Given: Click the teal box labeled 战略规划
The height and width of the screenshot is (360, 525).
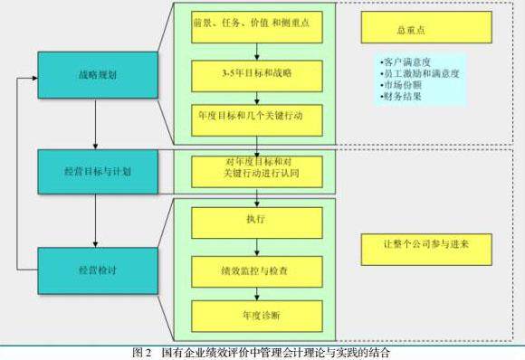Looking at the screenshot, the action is [x=98, y=75].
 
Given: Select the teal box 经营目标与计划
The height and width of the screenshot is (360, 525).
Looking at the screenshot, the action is [x=98, y=172].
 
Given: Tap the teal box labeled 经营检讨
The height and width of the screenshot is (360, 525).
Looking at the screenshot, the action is [x=98, y=270].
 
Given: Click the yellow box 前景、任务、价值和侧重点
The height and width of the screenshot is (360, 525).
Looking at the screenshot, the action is [x=257, y=27].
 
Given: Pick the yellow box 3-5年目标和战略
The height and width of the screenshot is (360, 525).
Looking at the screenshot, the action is [x=257, y=76].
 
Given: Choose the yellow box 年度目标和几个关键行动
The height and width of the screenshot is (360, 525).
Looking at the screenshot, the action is [x=257, y=120].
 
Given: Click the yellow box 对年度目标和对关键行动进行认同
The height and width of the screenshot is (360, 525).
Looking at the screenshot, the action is [x=257, y=172].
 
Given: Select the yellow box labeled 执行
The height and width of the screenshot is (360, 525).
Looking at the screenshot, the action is [x=257, y=223].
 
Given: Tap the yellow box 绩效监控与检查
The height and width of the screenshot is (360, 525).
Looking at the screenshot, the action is [x=257, y=271].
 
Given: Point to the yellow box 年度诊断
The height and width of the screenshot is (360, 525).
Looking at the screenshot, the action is [x=257, y=316].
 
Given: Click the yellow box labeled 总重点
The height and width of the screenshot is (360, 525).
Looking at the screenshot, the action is [x=426, y=27].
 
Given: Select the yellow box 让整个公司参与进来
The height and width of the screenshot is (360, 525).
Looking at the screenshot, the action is [x=426, y=250].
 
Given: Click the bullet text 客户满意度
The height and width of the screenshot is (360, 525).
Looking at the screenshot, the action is [x=406, y=62].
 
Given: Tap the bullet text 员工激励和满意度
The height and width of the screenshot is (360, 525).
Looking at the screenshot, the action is [x=419, y=73].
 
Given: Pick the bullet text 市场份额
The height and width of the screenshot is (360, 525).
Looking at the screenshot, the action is [x=401, y=85].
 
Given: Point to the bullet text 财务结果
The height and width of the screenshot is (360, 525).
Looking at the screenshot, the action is [x=401, y=97].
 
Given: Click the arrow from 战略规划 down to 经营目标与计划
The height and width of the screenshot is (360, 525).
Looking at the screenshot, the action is [x=95, y=124].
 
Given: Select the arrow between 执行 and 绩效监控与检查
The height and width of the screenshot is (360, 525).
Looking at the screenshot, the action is [x=257, y=247].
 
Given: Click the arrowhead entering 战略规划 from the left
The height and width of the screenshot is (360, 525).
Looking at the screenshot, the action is [x=35, y=78].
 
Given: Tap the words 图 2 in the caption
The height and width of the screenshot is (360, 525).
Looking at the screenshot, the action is [x=142, y=352].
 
